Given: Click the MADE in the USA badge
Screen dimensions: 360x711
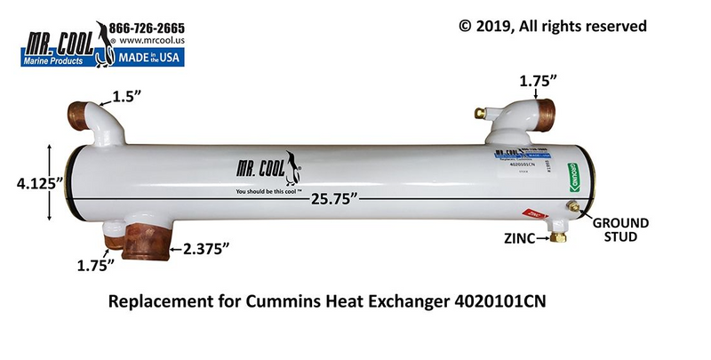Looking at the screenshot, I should [157, 60].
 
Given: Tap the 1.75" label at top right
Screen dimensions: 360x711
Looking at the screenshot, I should [539, 80].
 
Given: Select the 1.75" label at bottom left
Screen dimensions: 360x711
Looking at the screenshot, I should [96, 266].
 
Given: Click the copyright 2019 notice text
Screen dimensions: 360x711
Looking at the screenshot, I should [552, 26].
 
